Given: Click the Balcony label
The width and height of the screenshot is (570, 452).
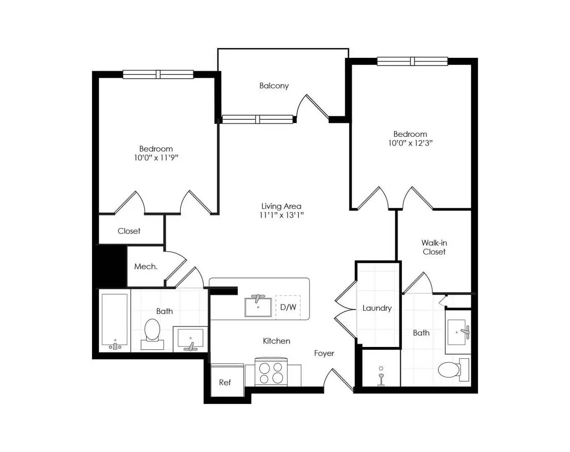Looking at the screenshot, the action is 274,86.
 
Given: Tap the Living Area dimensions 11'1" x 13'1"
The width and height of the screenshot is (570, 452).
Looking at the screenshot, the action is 281,215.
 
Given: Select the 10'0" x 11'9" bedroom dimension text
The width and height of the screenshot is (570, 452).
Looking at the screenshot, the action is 156,158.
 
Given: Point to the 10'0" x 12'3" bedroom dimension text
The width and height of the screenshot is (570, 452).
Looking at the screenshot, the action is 410,143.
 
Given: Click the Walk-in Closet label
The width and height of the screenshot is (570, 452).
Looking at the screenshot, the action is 434,247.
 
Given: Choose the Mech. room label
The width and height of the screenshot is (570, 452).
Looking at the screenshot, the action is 146,267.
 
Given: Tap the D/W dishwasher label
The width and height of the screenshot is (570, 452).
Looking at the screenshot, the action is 288,307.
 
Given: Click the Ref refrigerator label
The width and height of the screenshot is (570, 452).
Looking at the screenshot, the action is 225,383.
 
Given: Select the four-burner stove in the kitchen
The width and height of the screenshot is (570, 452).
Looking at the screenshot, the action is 271,372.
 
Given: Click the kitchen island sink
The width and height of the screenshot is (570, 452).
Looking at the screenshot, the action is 258,307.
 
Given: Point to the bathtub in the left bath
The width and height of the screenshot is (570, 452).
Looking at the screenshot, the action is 115,321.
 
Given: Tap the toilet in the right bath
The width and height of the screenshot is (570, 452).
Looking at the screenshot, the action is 454,370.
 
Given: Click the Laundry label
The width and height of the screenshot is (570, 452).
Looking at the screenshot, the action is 377,308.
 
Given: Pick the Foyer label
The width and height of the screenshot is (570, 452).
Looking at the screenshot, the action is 324,354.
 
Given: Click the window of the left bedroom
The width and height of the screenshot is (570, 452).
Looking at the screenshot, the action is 158,74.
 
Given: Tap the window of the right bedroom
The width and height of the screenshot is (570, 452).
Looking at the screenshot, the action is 412,61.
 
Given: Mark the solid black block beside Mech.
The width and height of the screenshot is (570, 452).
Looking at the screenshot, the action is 111,265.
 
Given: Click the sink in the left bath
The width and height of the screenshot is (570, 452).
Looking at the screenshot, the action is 190,339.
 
